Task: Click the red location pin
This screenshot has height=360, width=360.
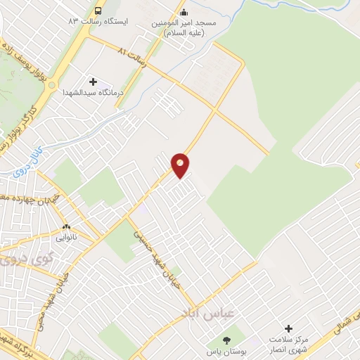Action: [181, 165]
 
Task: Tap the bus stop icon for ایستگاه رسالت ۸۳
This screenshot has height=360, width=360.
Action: [98, 11]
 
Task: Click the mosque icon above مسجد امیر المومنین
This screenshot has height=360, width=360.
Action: [184, 11]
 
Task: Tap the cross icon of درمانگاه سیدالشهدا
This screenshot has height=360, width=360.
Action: [93, 82]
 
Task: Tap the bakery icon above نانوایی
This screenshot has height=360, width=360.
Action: [67, 227]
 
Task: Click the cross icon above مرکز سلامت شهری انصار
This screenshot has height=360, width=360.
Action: [288, 328]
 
